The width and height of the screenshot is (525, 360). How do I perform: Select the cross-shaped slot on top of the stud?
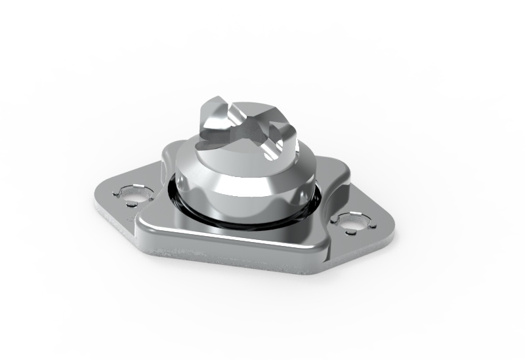pyautogui.click(x=247, y=129)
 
